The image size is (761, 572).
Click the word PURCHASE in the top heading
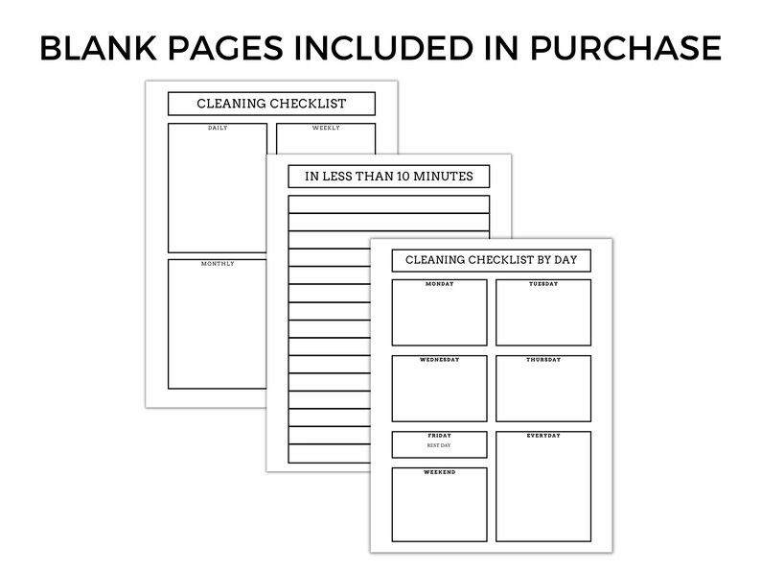(x=625, y=48)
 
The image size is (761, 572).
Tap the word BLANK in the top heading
(x=99, y=48)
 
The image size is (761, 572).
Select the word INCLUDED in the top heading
(x=383, y=48)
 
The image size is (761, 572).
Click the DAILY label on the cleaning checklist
(x=218, y=128)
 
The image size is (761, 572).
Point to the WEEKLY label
(x=326, y=128)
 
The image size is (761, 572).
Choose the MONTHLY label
(x=218, y=263)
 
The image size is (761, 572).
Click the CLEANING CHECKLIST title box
(x=271, y=104)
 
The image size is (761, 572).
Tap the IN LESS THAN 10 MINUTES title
(x=389, y=176)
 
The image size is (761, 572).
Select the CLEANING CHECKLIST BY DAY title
(x=491, y=260)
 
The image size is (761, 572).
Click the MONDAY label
(x=439, y=284)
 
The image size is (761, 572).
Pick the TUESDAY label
(x=543, y=284)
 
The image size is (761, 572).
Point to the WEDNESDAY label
(x=439, y=360)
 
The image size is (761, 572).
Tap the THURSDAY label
(x=543, y=360)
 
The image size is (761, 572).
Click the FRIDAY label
(x=439, y=436)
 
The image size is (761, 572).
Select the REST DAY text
(x=439, y=445)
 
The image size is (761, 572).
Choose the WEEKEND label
(x=439, y=472)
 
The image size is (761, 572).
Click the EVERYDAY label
(x=543, y=436)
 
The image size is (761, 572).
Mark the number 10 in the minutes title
(x=404, y=176)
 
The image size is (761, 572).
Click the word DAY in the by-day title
(x=565, y=260)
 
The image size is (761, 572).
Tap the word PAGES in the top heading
(x=225, y=48)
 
